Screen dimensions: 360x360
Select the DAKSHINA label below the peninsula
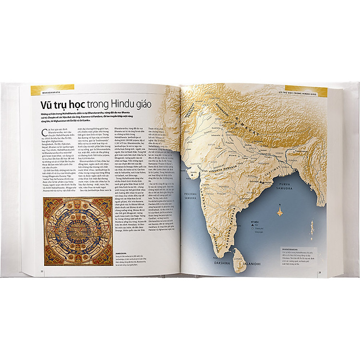click(223, 264)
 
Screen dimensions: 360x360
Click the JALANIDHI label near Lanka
click(250, 263)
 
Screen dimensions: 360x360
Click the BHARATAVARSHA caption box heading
click(293, 250)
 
